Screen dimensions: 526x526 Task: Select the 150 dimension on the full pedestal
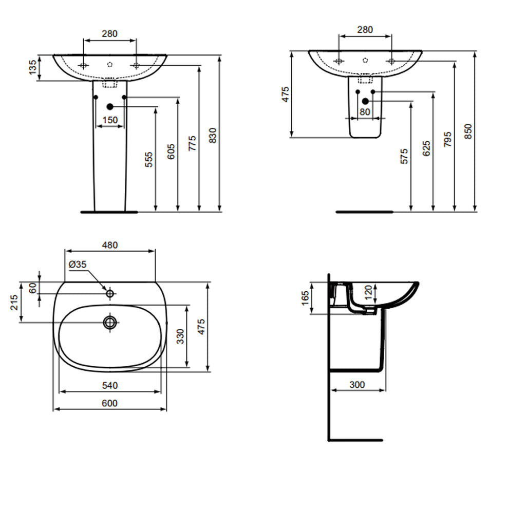110,120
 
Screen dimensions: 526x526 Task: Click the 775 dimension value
192,144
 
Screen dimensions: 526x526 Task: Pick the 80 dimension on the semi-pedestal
365,111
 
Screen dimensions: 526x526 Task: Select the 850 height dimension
468,131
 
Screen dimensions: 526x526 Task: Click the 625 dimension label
426,148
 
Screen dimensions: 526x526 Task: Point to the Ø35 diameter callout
78,265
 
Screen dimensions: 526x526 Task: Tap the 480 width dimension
109,246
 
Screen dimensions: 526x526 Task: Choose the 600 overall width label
109,404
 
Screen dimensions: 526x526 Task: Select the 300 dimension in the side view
356,385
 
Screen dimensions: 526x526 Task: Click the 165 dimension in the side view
305,298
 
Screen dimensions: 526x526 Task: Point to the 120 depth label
367,293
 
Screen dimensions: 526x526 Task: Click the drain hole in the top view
110,323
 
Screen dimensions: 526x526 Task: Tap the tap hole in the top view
110,294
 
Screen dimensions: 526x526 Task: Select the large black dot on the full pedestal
109,106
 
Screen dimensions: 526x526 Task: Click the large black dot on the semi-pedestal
365,101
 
